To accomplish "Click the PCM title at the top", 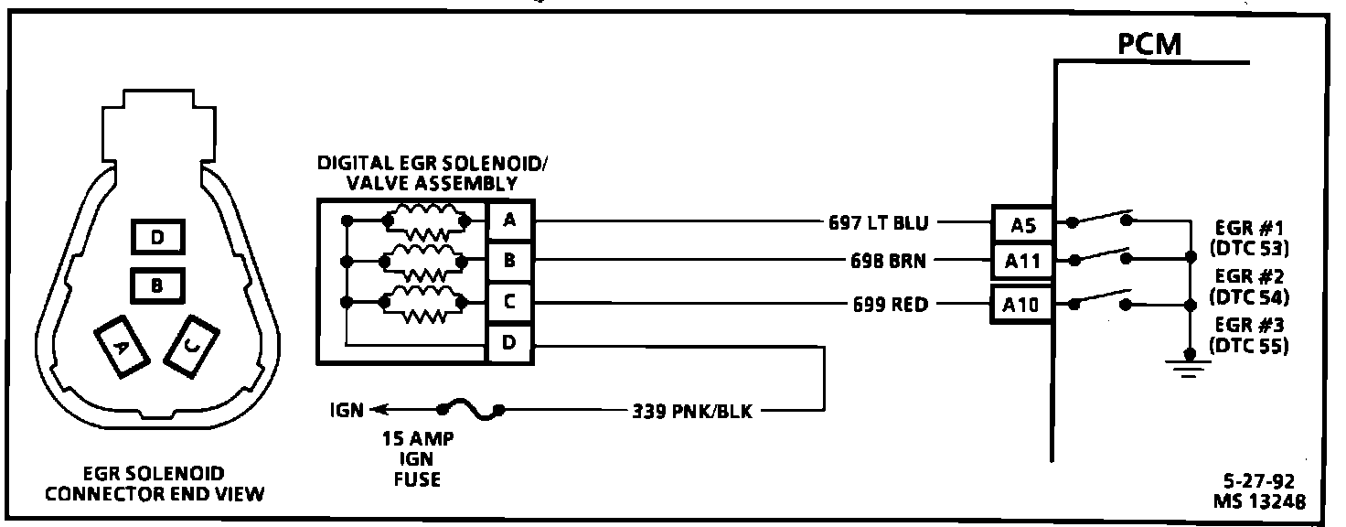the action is coord(1148,44).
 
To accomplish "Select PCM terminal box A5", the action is coord(1022,225).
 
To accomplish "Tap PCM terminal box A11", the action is coord(1022,261).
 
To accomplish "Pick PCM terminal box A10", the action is coord(1020,306).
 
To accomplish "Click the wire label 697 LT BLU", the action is coord(879,223).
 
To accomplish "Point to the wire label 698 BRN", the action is coord(888,261).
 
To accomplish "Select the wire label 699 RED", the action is coord(891,305).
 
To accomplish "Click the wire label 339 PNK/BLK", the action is coord(692,411).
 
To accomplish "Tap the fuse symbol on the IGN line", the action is coord(471,409).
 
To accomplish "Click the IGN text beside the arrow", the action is coord(347,411).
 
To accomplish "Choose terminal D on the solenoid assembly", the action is coord(509,343).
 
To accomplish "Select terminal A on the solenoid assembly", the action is coord(509,220).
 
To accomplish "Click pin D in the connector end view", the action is coord(157,237).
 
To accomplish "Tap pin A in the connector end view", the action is coord(122,347).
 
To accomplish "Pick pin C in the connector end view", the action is coord(192,347).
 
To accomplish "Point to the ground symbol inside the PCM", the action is coord(1188,365).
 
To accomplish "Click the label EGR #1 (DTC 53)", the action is coord(1249,238).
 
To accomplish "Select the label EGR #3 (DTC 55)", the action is coord(1249,335).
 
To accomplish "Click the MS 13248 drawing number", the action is coord(1259,501).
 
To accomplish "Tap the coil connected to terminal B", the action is coord(425,262).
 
